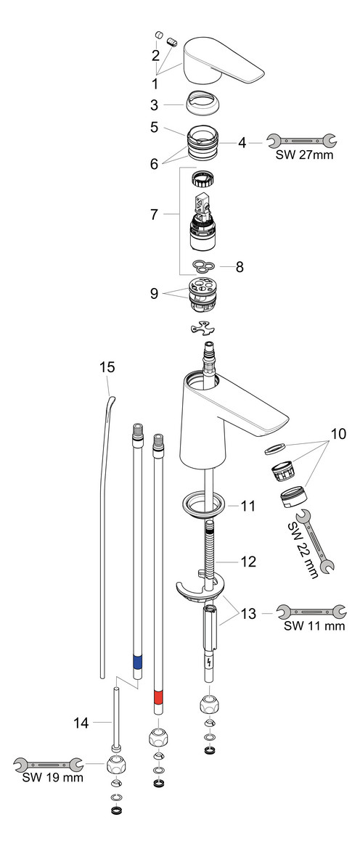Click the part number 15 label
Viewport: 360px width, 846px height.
pyautogui.click(x=107, y=367)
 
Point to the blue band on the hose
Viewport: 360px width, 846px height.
pyautogui.click(x=136, y=661)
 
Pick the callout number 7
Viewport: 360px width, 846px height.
pyautogui.click(x=155, y=215)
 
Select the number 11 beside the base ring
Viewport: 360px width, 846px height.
pyautogui.click(x=247, y=506)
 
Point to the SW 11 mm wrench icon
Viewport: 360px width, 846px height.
pyautogui.click(x=305, y=613)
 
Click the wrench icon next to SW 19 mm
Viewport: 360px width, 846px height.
pyautogui.click(x=47, y=763)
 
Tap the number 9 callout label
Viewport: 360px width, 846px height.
pyautogui.click(x=155, y=294)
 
